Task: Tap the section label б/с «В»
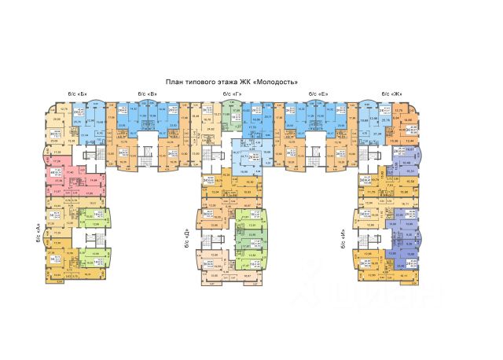147,94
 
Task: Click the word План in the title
174,81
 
